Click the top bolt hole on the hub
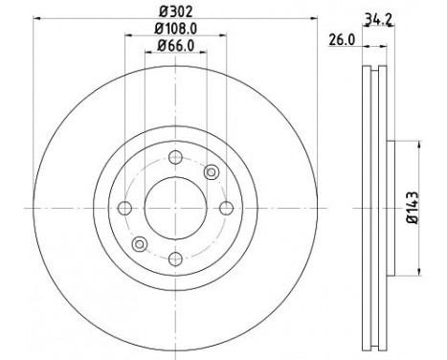[x=175, y=159]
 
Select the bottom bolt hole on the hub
[x=175, y=258]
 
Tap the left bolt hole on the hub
[x=125, y=209]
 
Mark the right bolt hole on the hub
[x=225, y=209]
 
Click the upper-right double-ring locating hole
[x=212, y=173]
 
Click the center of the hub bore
[x=175, y=209]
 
